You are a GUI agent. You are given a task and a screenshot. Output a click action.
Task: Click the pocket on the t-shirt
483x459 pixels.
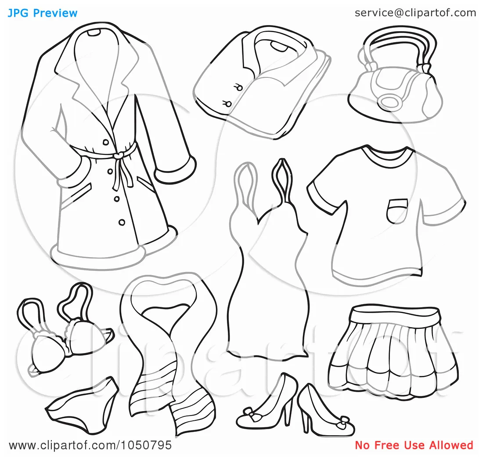(397, 210)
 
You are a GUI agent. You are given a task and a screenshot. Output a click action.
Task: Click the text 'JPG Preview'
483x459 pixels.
(42, 13)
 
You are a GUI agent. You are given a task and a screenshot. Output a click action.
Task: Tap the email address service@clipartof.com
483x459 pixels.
(415, 13)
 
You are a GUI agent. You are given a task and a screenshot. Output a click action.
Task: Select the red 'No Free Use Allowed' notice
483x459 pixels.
(414, 445)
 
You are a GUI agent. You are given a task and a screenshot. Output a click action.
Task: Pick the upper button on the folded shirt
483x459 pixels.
(239, 87)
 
